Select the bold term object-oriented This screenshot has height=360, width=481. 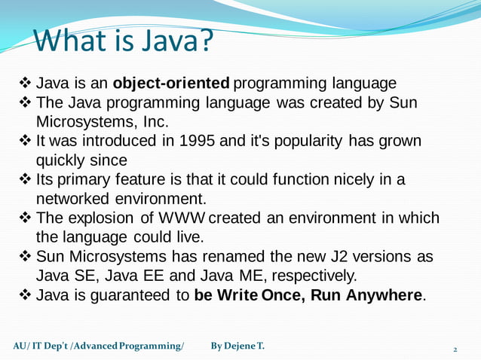170,82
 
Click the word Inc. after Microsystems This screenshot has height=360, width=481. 154,121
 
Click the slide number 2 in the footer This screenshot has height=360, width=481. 455,349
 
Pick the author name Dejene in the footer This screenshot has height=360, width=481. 240,346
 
